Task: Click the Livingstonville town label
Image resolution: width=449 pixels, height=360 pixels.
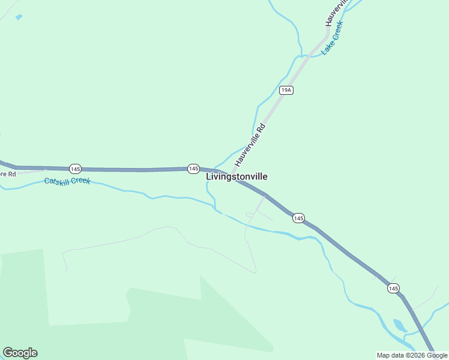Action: click(x=237, y=176)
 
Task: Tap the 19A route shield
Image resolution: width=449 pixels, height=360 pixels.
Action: click(x=286, y=90)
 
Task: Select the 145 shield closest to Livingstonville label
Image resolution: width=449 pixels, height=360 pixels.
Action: click(x=193, y=169)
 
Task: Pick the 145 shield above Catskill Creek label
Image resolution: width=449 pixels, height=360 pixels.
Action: click(x=74, y=168)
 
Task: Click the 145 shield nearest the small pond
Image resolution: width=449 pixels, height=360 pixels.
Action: click(x=393, y=289)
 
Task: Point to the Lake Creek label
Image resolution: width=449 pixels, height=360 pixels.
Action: click(x=331, y=38)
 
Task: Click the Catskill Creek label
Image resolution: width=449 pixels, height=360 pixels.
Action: click(x=67, y=179)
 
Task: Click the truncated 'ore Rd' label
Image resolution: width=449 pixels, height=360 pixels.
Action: click(x=7, y=174)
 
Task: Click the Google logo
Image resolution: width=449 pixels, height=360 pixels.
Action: click(x=20, y=353)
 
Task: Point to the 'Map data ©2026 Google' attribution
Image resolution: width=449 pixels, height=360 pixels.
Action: click(x=412, y=355)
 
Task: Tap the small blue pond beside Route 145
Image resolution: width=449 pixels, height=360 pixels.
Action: click(x=399, y=325)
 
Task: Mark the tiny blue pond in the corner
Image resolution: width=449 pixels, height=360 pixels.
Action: click(x=18, y=17)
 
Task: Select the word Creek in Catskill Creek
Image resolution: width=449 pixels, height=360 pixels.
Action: click(x=80, y=181)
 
